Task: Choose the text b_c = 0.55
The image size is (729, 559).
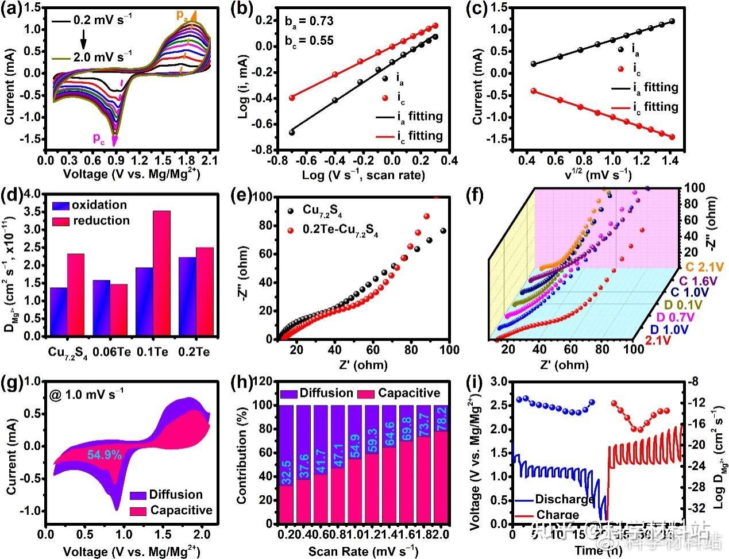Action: (309, 41)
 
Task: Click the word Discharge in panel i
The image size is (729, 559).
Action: (564, 499)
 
